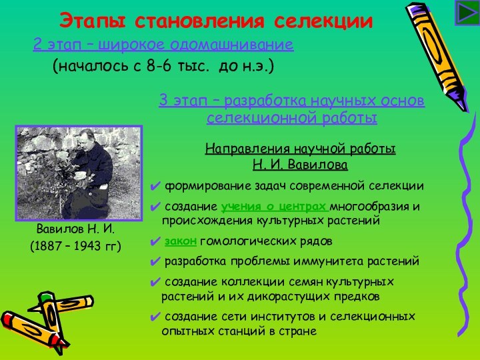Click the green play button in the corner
click(464, 13)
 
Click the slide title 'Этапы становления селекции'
click(216, 21)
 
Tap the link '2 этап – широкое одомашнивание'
click(163, 45)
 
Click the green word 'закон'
click(180, 241)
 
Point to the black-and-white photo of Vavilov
click(79, 173)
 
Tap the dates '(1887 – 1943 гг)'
click(76, 247)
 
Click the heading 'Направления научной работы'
click(300, 149)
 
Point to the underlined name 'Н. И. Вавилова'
click(300, 164)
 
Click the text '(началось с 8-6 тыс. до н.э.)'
click(163, 67)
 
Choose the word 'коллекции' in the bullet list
click(241, 282)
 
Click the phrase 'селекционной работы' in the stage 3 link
click(292, 119)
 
